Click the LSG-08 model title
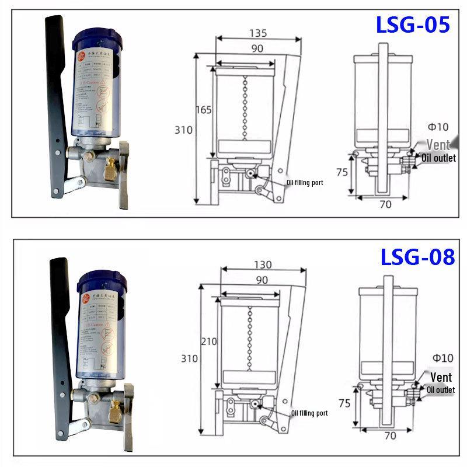pos(417,257)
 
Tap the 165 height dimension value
pos(203,109)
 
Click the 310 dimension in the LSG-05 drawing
pos(183,130)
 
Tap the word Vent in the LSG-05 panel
pos(438,144)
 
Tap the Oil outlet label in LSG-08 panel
pos(441,390)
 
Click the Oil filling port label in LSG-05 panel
pos(304,183)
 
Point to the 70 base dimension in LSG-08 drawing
pos(391,435)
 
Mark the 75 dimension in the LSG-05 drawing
pos(342,172)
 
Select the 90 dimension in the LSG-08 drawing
pos(262,280)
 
